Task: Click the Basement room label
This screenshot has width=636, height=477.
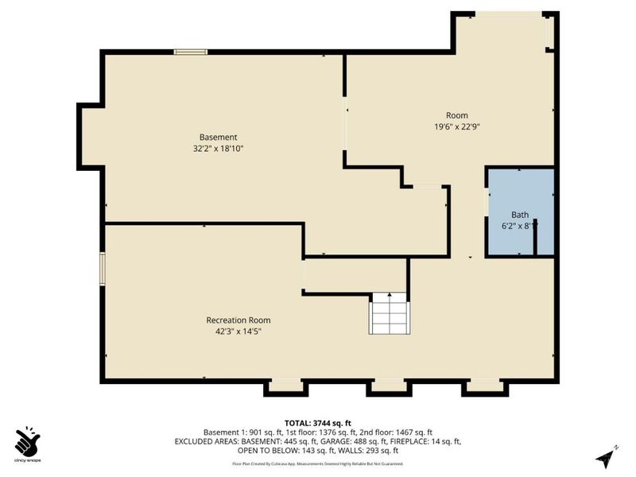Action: [218, 137]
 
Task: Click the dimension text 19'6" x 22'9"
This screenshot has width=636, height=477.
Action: [456, 126]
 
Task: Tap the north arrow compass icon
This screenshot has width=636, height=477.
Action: [607, 457]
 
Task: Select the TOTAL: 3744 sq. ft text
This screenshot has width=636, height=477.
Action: [318, 423]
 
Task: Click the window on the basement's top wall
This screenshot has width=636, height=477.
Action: [191, 52]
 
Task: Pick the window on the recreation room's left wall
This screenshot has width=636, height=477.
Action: [102, 267]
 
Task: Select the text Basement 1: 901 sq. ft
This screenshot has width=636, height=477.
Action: [238, 432]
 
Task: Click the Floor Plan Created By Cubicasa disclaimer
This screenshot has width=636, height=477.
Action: [318, 463]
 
